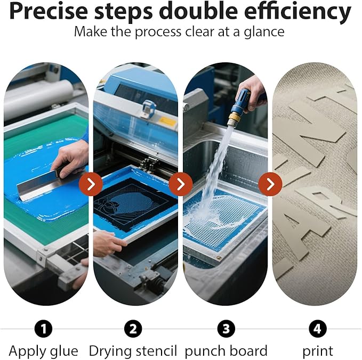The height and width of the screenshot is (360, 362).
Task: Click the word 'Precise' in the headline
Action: point(49,11)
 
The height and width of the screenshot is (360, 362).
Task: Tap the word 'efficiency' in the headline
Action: point(297,12)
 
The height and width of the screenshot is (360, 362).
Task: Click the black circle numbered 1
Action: point(43,329)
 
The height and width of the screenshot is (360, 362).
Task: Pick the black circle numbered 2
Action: point(133,329)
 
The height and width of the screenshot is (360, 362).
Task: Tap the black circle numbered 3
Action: point(226,329)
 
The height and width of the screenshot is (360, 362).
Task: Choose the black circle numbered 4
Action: point(317,329)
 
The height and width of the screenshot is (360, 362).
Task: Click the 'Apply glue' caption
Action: point(43,351)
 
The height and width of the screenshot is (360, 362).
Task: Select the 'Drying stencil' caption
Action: point(133,351)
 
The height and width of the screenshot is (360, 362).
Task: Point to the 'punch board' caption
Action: point(226,351)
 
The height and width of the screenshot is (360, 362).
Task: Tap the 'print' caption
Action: point(318,351)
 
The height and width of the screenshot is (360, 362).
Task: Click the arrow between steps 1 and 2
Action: point(91,184)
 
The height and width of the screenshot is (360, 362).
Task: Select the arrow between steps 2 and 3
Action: point(181,184)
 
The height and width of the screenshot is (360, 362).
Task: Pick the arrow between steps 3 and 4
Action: point(270,184)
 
